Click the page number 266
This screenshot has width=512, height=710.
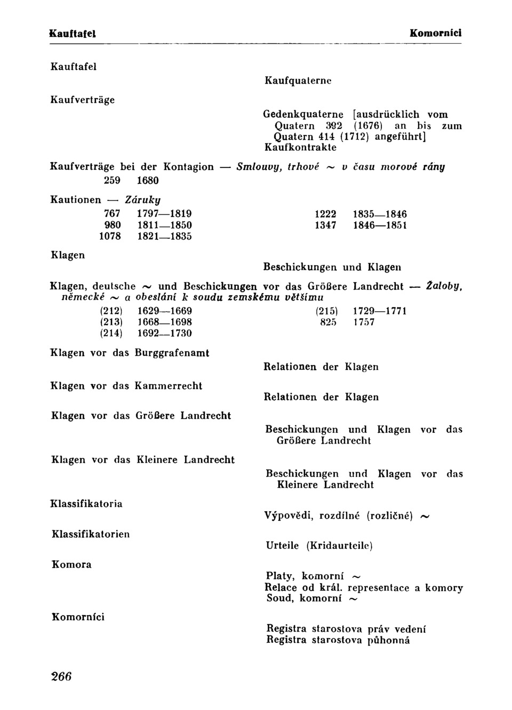tap(61, 676)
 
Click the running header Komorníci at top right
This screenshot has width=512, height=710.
tap(435, 33)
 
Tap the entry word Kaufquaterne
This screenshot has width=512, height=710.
tap(298, 80)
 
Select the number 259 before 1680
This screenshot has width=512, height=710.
tap(112, 181)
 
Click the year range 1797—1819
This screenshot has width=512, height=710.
tap(164, 214)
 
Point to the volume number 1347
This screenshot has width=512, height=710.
tap(325, 225)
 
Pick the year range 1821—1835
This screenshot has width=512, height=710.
tap(164, 236)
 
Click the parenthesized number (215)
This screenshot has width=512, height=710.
tap(326, 311)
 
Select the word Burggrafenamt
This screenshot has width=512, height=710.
tap(172, 353)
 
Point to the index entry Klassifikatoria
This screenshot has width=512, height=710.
tap(86, 504)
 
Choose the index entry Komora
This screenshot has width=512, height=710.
tap(71, 564)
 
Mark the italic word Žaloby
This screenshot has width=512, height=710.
tap(444, 286)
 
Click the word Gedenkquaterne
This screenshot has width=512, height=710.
tap(303, 115)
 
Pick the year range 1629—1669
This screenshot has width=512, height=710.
tap(164, 311)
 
